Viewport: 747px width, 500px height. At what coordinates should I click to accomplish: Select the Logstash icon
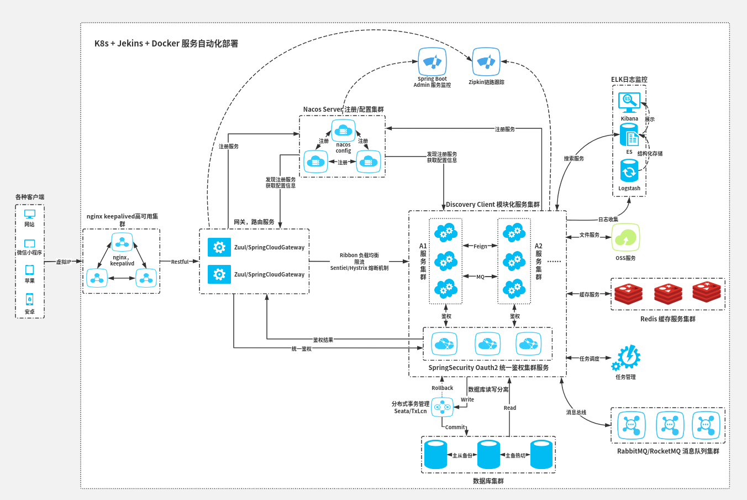pos(629,171)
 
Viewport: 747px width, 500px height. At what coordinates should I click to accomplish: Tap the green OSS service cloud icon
pos(625,238)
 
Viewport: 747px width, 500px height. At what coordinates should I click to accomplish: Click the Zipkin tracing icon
pos(486,62)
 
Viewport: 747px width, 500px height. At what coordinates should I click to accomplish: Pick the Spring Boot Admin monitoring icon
pos(432,61)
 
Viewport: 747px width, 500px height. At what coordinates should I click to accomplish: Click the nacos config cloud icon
pos(343,131)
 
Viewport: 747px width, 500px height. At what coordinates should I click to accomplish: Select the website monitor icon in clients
pos(29,214)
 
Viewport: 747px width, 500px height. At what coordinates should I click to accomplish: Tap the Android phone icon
pos(29,299)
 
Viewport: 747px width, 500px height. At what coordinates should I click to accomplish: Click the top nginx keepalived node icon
pos(122,242)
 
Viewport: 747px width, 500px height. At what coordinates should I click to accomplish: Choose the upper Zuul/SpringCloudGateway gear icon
pos(219,247)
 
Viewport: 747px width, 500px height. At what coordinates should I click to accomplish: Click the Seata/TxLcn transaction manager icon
pos(442,408)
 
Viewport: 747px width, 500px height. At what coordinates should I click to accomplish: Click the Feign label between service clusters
pos(480,246)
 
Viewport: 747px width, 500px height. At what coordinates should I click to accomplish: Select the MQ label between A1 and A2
pos(480,277)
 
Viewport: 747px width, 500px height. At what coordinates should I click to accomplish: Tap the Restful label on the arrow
pos(180,262)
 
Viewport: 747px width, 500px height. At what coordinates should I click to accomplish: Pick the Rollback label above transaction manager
pos(442,388)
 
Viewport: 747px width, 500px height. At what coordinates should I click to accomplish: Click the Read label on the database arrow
pos(509,408)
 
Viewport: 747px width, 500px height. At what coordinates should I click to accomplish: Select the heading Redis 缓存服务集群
pos(667,319)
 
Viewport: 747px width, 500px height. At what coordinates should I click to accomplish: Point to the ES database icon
pos(629,136)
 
